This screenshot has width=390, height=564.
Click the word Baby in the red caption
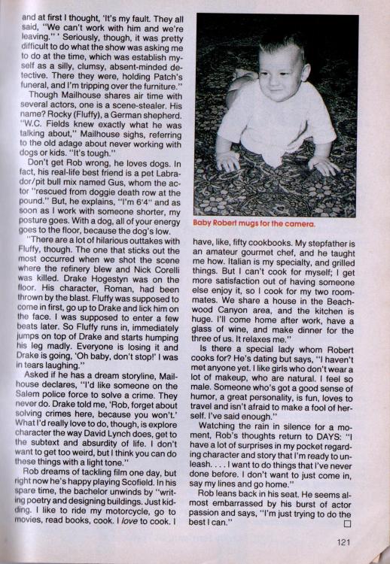point(206,223)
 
